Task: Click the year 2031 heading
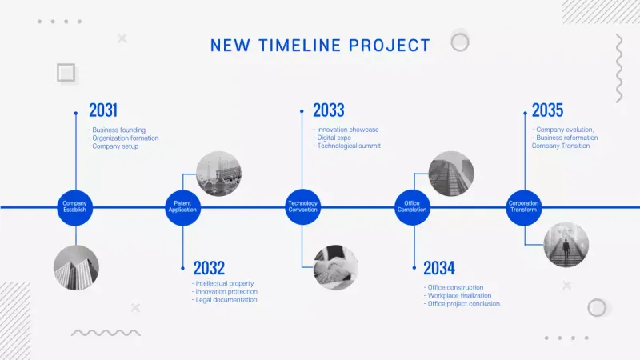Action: coord(103,110)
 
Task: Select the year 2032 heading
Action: coord(209,268)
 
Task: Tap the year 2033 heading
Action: coord(328,110)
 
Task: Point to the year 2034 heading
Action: coord(439,268)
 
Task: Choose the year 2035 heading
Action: coord(547,110)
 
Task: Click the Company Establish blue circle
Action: coord(75,207)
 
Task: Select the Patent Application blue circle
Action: coord(182,207)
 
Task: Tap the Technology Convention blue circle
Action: coord(302,207)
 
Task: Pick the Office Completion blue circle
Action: coord(413,207)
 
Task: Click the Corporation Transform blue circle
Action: coord(524,207)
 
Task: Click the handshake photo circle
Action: coord(336,266)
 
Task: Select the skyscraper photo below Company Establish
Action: coord(76,267)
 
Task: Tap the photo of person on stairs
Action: coord(566,245)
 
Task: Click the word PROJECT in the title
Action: coord(390,46)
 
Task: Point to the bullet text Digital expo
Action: coord(334,138)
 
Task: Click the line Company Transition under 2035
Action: coord(560,146)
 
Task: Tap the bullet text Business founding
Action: coord(118,130)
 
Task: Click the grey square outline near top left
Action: coord(66,74)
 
